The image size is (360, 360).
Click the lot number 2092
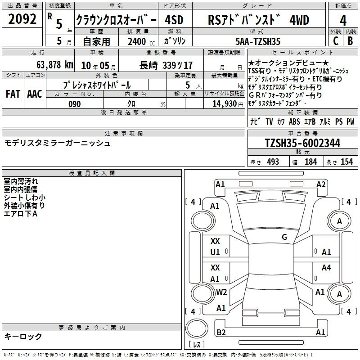[x=22, y=19]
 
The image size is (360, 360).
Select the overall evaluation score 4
[x=343, y=21]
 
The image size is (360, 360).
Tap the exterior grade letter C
[x=336, y=41]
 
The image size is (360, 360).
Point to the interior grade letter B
[x=350, y=41]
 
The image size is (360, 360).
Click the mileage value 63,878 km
[x=55, y=65]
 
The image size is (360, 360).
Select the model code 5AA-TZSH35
[x=258, y=41]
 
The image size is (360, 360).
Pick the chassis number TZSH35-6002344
[x=302, y=143]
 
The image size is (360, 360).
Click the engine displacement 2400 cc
[x=141, y=41]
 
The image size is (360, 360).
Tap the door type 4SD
[x=174, y=20]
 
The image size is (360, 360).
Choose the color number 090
[x=75, y=104]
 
